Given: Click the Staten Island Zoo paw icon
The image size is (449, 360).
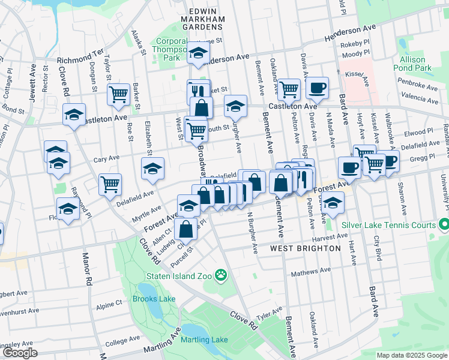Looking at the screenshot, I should click(x=222, y=275).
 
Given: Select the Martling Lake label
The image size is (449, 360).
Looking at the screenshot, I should click(x=205, y=340).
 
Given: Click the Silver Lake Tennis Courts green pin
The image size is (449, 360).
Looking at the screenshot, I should click(x=443, y=225).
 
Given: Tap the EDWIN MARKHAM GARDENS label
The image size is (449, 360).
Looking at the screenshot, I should click(x=198, y=20).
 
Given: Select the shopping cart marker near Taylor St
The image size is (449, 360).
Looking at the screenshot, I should click(x=119, y=94).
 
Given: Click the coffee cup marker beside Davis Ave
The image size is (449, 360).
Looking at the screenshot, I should click(x=317, y=88).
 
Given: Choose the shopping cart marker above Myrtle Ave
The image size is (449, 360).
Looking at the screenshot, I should click(x=110, y=184).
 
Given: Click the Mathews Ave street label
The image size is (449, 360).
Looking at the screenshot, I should click(x=311, y=272).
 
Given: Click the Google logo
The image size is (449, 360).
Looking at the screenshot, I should click(x=20, y=353).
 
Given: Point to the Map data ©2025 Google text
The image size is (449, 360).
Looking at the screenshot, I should click(x=412, y=355).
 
